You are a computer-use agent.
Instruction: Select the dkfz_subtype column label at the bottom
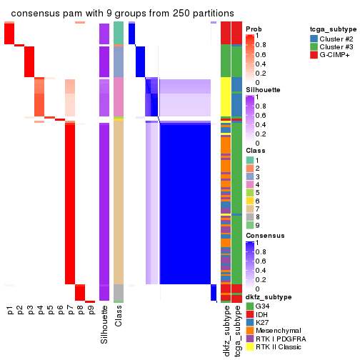pos(226,331)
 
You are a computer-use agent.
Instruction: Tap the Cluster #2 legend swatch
pos(314,38)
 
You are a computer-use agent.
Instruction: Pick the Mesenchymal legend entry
pos(274,334)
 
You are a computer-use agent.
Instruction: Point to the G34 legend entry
pos(263,306)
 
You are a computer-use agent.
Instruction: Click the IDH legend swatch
pos(249,315)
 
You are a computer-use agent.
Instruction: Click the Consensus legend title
pos(264,235)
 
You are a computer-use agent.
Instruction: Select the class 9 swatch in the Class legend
pos(249,225)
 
